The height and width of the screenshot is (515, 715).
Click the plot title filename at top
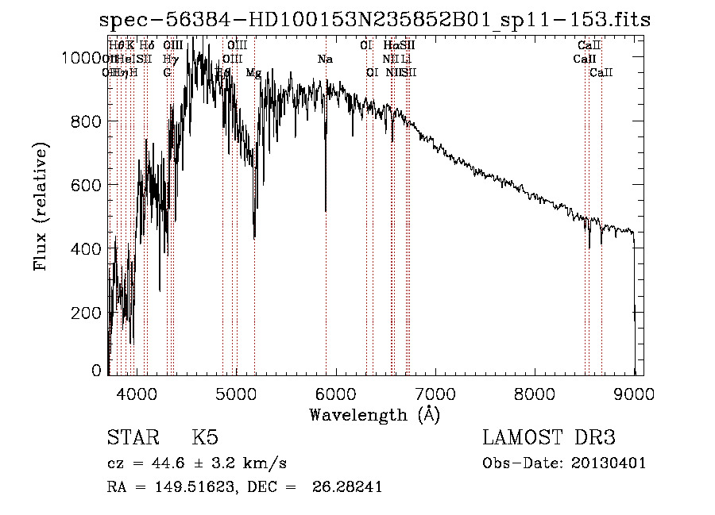(x=374, y=21)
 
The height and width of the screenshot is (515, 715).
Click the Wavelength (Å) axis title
(x=374, y=414)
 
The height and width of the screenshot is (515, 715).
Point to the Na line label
(x=325, y=60)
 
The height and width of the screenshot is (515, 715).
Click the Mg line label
(x=253, y=73)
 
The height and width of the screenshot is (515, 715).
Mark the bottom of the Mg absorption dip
(x=254, y=236)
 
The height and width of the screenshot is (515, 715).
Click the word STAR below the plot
(x=130, y=439)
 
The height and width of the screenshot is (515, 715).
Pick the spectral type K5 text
(x=205, y=439)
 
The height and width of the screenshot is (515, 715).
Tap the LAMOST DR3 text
(x=549, y=439)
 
